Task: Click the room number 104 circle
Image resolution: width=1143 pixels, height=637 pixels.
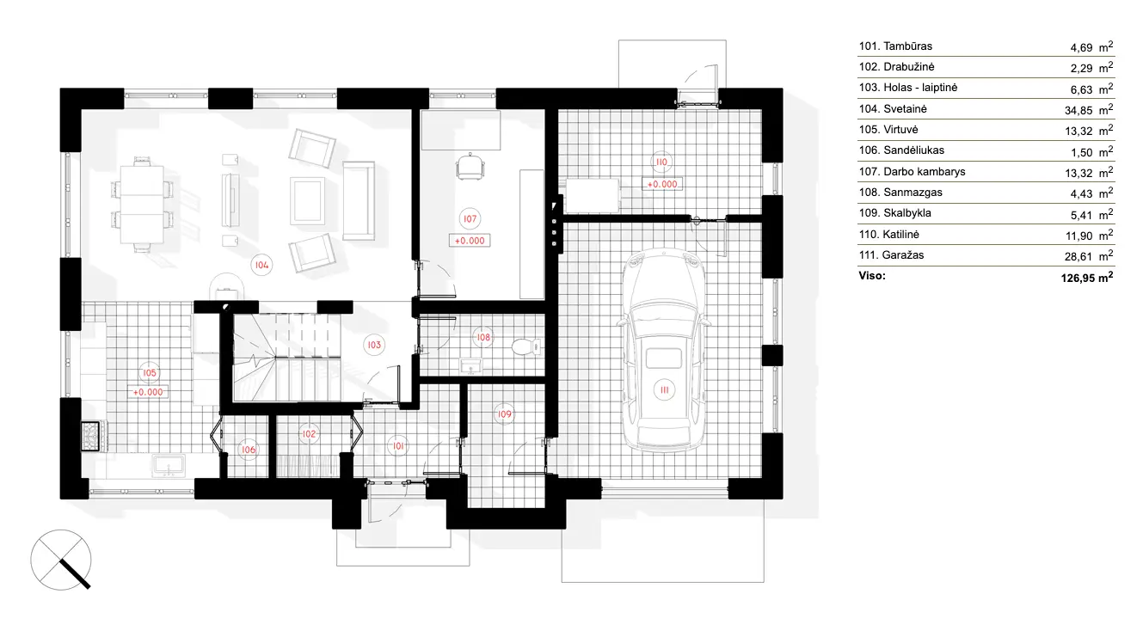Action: click(x=261, y=266)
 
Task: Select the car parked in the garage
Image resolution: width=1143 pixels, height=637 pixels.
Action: click(x=666, y=352)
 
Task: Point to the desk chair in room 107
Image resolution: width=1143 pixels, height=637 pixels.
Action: click(x=470, y=166)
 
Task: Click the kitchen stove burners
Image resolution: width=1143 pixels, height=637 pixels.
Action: click(x=91, y=435)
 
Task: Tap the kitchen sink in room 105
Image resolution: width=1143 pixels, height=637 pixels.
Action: click(x=169, y=466)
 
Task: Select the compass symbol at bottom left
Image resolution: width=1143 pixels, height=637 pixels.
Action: click(x=62, y=559)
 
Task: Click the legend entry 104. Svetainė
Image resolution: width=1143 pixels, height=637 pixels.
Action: click(x=893, y=109)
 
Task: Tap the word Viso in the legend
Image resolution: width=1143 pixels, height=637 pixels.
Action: click(x=871, y=277)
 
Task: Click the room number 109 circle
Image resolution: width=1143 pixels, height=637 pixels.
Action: click(x=505, y=414)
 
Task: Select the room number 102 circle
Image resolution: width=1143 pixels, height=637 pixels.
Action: click(x=309, y=434)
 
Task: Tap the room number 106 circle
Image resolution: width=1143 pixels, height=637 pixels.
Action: click(x=248, y=450)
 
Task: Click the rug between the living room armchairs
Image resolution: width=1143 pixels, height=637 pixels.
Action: click(x=308, y=199)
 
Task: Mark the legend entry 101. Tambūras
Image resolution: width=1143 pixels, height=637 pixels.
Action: click(x=895, y=46)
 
